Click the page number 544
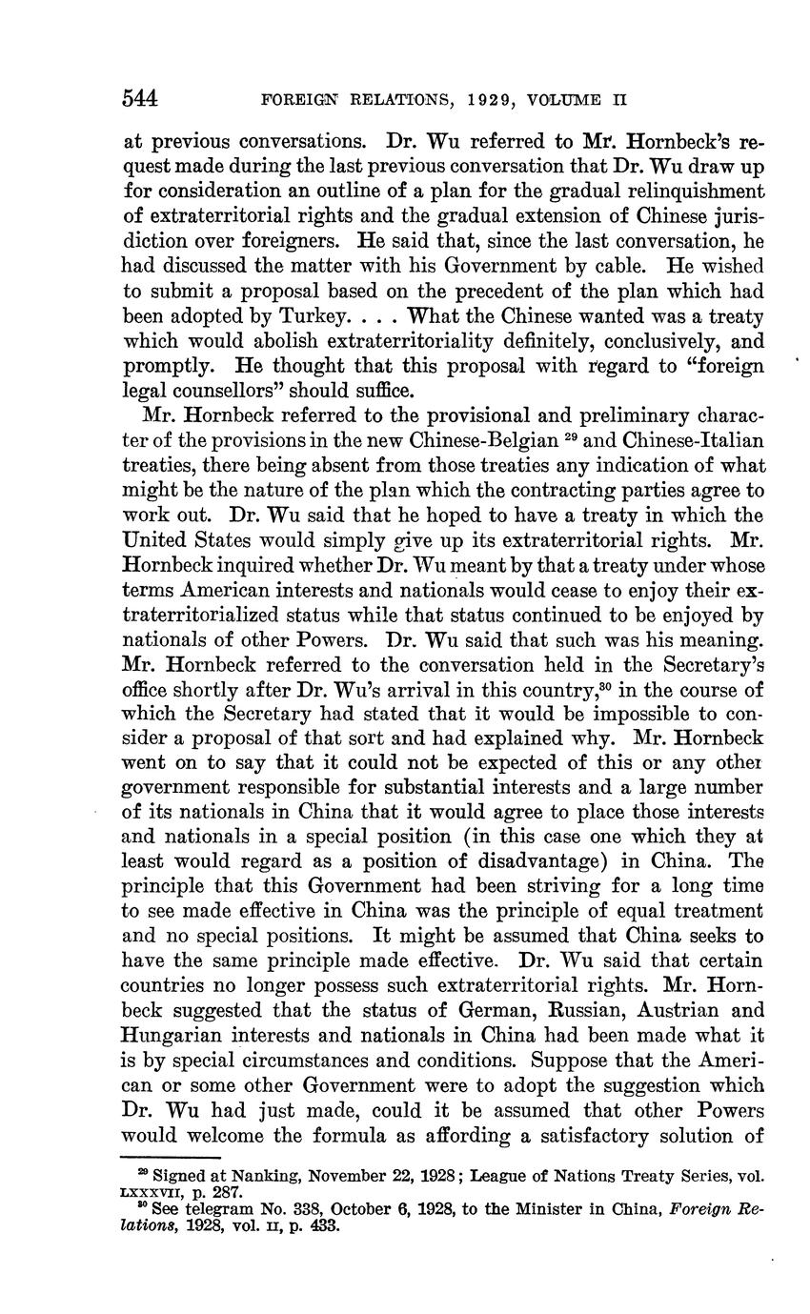point(140,98)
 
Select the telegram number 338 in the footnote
point(313,1206)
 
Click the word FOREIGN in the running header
point(295,98)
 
